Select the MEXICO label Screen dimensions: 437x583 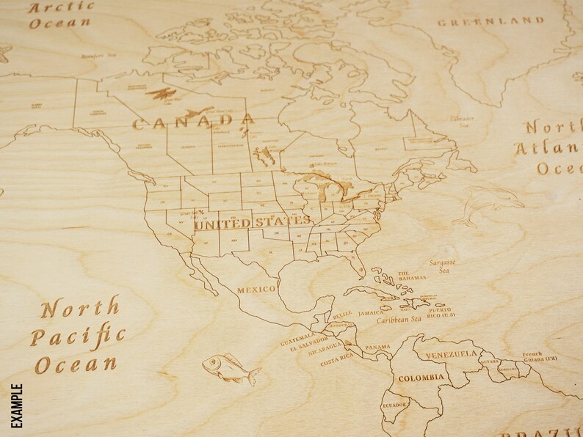(256, 289)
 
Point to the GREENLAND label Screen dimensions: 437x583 (490, 21)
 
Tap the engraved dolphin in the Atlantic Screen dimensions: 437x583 (488, 204)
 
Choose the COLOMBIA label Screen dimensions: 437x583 (421, 378)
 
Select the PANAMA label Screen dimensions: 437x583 (378, 347)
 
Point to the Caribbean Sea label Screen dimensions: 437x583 (399, 320)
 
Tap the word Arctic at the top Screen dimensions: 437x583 (62, 8)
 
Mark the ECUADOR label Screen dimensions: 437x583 (395, 403)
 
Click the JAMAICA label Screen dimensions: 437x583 (372, 313)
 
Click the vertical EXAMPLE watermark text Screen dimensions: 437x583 (16, 405)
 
